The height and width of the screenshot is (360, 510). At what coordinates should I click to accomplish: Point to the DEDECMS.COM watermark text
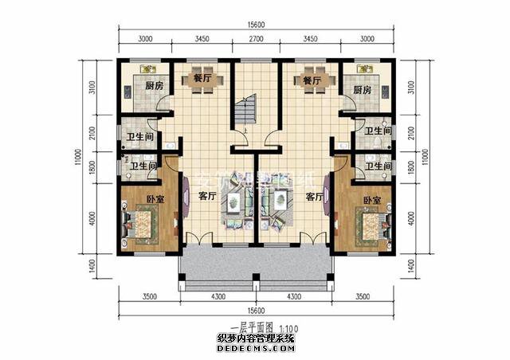256,348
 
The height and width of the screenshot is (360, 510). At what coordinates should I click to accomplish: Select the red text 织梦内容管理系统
256,338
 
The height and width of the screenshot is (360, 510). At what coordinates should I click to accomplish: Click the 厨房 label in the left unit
154,89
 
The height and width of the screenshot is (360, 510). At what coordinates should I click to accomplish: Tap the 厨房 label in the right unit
362,89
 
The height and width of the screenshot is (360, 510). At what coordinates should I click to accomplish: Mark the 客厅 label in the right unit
313,195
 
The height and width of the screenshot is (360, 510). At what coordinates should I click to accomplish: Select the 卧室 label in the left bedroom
155,199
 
